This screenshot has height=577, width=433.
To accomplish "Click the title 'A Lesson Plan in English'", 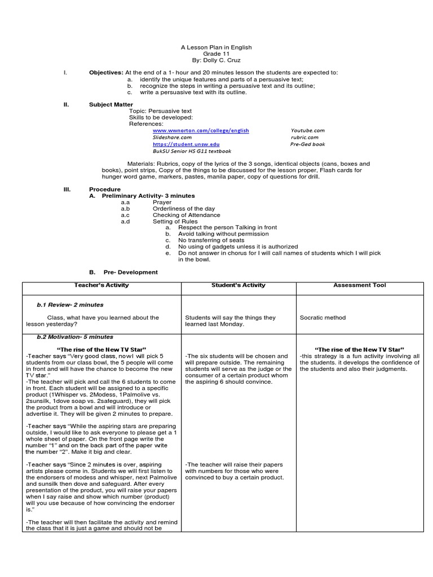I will coord(216,47).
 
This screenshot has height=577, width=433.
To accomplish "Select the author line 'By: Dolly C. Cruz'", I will coord(216,60).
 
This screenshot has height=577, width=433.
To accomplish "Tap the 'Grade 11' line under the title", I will coord(216,54).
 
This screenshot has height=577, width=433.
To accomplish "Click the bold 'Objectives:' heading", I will coord(106,73).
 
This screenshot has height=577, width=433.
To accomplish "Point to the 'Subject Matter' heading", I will coord(111,104).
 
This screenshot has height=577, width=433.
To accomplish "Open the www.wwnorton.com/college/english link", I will coord(201,130).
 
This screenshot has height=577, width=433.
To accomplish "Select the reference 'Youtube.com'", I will coord(307,130).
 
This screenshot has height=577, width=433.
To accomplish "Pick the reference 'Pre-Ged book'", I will coord(307,144).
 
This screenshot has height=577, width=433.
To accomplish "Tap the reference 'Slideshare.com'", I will coord(172,137).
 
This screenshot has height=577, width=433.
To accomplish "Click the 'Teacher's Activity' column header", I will coord(101,285).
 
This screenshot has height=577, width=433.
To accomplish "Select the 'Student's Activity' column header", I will coord(238,285).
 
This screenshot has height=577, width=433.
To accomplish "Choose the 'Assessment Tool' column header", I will coord(360,285).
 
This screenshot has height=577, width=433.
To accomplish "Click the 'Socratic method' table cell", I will coord(322,318).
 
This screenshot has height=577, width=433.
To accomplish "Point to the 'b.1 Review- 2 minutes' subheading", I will coord(70,305).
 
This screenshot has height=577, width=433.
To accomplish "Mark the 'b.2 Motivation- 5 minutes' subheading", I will coord(74,337).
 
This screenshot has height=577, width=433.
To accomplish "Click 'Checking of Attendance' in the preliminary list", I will coord(187,215).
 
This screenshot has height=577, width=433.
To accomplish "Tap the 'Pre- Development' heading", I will coord(130,272).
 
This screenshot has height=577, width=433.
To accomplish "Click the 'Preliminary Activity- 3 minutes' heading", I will coord(148,196).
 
